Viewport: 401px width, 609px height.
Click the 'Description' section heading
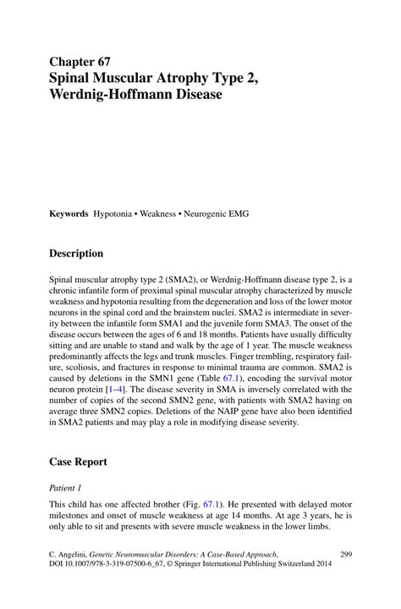pyautogui.click(x=76, y=253)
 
